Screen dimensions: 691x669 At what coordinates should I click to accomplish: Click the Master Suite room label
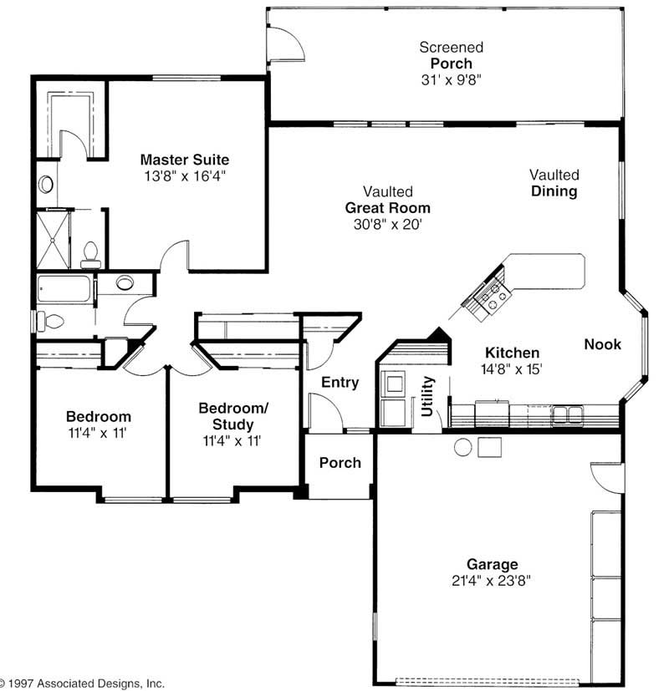184,159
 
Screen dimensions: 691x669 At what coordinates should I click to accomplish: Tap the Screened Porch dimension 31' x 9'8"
452,79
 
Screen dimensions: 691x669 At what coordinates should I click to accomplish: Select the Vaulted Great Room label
387,208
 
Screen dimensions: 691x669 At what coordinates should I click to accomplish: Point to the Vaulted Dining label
554,183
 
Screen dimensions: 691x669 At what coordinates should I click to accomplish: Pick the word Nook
602,344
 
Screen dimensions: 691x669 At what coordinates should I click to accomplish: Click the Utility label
428,396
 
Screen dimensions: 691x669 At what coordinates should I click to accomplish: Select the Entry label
340,383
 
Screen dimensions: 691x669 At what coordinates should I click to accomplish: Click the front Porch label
340,462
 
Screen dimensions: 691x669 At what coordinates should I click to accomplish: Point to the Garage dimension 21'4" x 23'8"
493,581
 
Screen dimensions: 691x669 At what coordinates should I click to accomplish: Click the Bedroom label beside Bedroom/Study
99,416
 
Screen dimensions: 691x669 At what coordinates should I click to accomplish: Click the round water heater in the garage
463,447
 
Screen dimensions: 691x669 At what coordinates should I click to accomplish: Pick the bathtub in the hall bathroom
65,290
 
